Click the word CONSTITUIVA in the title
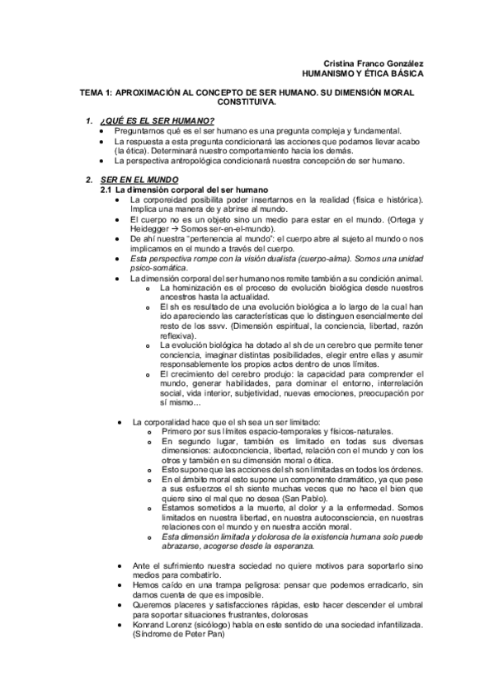(x=247, y=104)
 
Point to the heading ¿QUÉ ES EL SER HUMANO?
(x=156, y=121)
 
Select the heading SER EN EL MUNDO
(x=140, y=180)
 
